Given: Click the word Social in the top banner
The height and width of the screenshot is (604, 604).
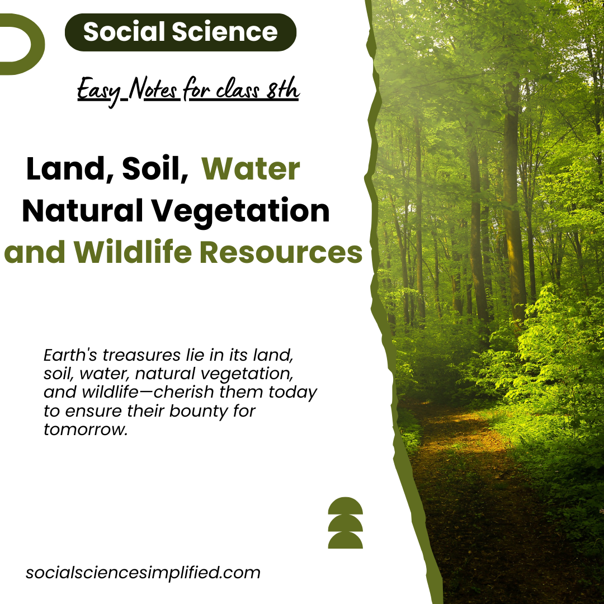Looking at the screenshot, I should (x=123, y=32).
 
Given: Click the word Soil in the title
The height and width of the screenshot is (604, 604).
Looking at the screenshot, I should (x=155, y=169).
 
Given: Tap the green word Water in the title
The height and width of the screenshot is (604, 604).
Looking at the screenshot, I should (x=251, y=169).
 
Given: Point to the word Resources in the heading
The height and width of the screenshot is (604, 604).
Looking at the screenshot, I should (x=281, y=252).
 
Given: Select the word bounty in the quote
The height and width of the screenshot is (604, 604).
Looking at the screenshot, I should (x=191, y=411).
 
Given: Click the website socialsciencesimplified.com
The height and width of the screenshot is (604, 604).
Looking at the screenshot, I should (x=143, y=573).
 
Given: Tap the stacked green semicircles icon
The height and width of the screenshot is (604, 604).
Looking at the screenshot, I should (x=345, y=522).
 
